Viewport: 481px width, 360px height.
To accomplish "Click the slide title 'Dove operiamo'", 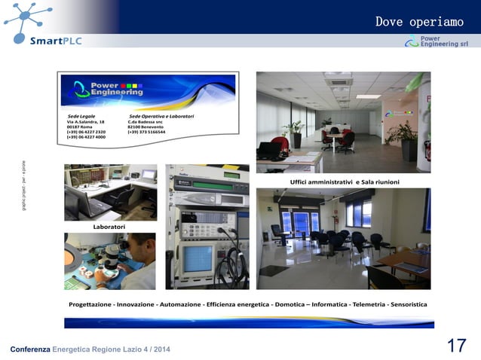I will [x=419, y=22].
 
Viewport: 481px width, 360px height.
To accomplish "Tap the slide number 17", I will [x=456, y=346].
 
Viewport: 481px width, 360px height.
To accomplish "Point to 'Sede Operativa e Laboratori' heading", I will [x=161, y=116].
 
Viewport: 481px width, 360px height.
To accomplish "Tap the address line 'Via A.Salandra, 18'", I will [x=86, y=122].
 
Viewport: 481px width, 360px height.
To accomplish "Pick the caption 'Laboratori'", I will [x=109, y=226].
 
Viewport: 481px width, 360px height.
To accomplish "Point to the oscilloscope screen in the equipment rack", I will [x=198, y=258].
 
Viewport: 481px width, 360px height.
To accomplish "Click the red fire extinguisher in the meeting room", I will [x=426, y=151].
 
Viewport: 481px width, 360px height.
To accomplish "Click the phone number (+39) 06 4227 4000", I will [x=86, y=137].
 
